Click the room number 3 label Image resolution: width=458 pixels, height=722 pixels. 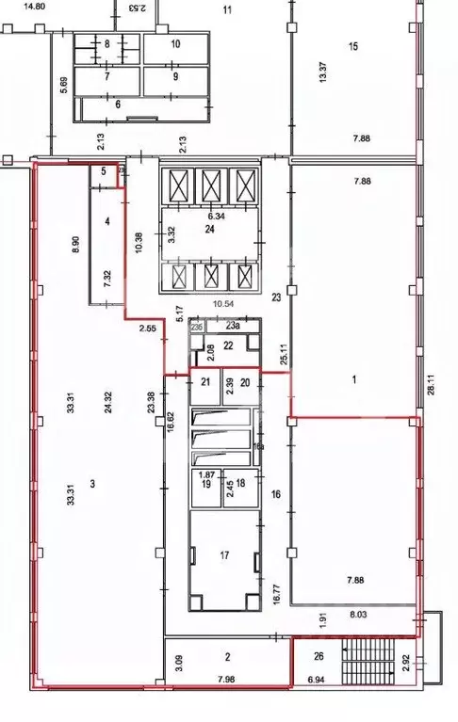tap(92, 484)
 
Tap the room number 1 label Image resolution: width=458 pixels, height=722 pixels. tap(353, 379)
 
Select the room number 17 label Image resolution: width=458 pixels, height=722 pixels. tap(224, 555)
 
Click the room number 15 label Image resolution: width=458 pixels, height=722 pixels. tap(353, 46)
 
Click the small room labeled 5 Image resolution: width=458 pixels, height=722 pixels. tap(105, 171)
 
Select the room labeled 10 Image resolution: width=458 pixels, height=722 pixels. tap(174, 43)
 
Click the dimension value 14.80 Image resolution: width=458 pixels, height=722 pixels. tap(34, 7)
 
